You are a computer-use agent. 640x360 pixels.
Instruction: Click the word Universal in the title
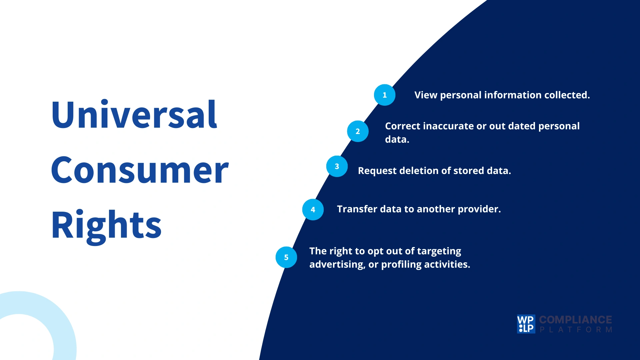[x=134, y=115]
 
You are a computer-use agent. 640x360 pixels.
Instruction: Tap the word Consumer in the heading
[x=140, y=171]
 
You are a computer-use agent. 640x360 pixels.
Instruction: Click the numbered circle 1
[x=384, y=95]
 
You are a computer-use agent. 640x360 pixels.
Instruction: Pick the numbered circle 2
[x=358, y=131]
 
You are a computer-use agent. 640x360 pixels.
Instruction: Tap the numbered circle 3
[x=337, y=166]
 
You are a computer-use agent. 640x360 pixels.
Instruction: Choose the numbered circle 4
[x=313, y=210]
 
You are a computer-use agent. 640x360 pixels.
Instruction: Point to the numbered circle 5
[x=286, y=257]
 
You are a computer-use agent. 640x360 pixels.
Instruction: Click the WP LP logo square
[x=526, y=324]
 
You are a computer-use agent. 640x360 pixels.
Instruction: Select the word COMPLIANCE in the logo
[x=575, y=320]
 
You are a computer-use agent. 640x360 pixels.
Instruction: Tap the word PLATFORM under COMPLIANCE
[x=576, y=330]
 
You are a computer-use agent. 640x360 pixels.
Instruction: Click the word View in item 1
[x=426, y=95]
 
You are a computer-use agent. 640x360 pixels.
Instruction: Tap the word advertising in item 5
[x=337, y=265]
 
